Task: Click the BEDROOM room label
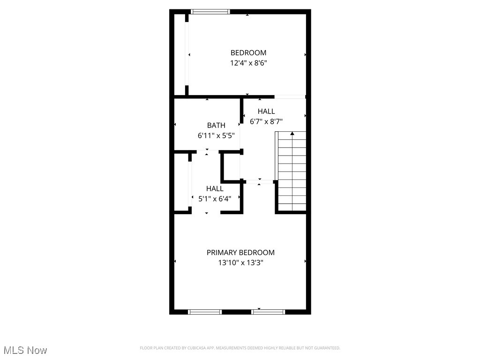click(248, 53)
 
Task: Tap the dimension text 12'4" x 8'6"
click(248, 63)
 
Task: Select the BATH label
click(216, 125)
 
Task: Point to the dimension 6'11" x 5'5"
click(216, 135)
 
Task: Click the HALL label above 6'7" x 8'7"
click(266, 111)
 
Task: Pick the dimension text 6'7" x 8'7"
click(266, 121)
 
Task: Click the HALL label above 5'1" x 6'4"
click(215, 188)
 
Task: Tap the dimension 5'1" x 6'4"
click(215, 198)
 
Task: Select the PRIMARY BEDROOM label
click(240, 253)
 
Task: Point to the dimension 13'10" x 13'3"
click(240, 263)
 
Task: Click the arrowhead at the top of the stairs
click(292, 134)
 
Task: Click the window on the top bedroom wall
click(210, 12)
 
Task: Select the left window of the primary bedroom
click(205, 312)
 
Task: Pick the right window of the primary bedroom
click(268, 312)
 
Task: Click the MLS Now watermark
click(25, 350)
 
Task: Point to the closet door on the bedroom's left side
click(187, 54)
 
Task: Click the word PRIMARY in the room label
click(222, 253)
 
